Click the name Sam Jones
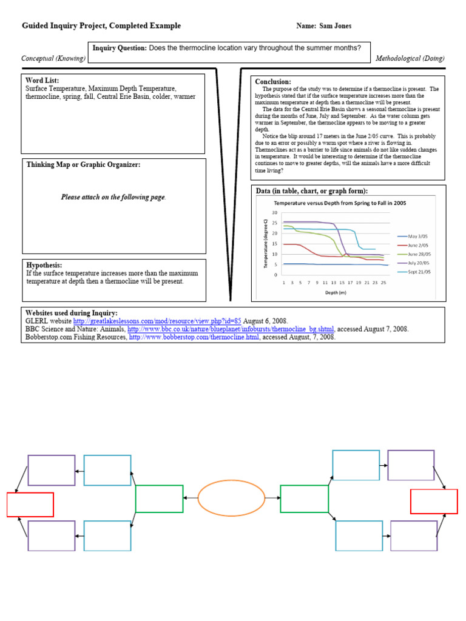pyautogui.click(x=337, y=26)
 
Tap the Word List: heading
pyautogui.click(x=42, y=81)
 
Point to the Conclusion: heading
pyautogui.click(x=273, y=82)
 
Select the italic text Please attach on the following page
pyautogui.click(x=113, y=197)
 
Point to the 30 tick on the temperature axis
pyautogui.click(x=275, y=213)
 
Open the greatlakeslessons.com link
pyautogui.click(x=157, y=321)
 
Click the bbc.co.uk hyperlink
pyautogui.click(x=231, y=329)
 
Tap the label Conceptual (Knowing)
pyautogui.click(x=53, y=58)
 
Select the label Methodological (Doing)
pyautogui.click(x=410, y=58)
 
